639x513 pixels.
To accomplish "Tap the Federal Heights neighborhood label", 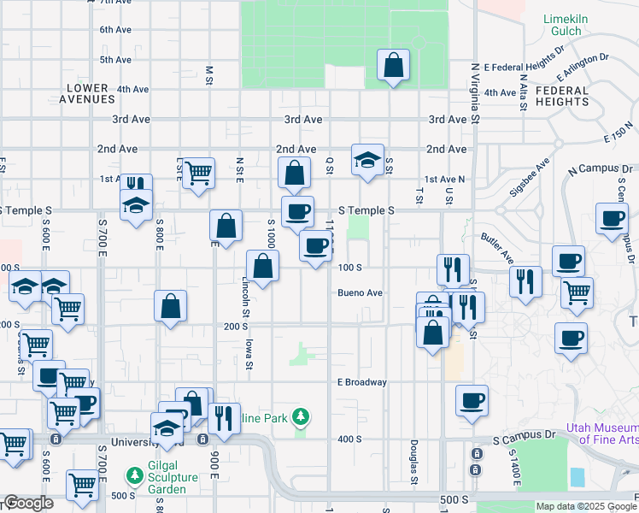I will coord(562,96).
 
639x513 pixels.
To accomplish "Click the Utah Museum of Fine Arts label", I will coord(602,433).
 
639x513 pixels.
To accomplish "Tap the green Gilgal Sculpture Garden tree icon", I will coord(134,474).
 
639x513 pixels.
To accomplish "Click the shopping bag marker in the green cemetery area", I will coord(393,64).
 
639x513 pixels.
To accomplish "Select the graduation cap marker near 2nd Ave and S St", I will coord(367,159).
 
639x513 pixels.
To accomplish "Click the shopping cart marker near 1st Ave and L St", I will coord(198,172).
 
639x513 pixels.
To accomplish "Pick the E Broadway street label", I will coord(361,382).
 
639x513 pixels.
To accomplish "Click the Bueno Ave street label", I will coord(359,292).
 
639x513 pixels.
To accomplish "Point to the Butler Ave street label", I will coord(496,247).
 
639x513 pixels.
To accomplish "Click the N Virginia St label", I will coord(476,93).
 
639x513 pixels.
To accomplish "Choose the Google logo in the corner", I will coord(27,504).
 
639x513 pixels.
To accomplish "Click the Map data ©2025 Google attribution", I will coord(585,506).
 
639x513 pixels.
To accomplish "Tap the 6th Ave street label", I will coord(114,30).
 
